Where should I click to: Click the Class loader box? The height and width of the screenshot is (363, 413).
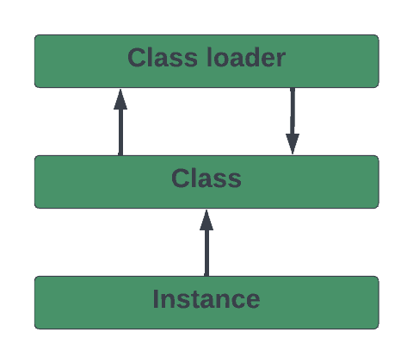(206, 61)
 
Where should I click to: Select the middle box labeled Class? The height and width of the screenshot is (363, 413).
(206, 182)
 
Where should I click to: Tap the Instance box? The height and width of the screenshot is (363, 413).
(206, 303)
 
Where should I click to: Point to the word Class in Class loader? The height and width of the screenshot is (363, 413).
(163, 58)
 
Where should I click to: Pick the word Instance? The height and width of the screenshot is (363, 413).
(206, 299)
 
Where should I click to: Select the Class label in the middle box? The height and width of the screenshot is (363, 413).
(206, 178)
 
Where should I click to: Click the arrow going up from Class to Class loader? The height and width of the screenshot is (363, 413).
(120, 122)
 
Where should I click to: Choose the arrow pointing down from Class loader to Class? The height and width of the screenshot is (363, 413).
(293, 121)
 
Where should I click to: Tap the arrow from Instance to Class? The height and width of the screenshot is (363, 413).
(206, 243)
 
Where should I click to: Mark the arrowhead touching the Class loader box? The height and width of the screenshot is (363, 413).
(120, 99)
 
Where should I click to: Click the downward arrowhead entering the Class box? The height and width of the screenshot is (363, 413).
(293, 144)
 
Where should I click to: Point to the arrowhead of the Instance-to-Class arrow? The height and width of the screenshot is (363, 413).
(206, 220)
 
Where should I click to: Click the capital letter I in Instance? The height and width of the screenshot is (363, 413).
(156, 299)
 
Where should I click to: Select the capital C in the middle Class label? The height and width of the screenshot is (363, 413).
(180, 178)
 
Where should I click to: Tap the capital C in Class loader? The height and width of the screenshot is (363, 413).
(137, 58)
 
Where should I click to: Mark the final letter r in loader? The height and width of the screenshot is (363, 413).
(280, 59)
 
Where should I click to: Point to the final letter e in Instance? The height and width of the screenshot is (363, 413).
(253, 302)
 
